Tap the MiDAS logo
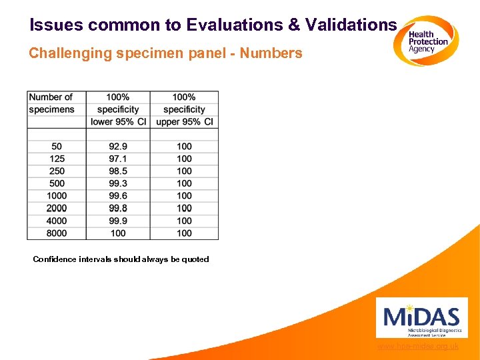[x=421, y=317]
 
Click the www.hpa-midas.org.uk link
[x=417, y=346]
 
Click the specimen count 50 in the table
[x=57, y=147]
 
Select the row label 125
[x=57, y=159]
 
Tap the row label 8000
[x=57, y=233]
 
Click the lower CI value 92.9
[x=118, y=147]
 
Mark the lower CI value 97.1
[x=118, y=159]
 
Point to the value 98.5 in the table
[x=118, y=171]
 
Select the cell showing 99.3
[x=118, y=183]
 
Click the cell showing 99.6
[x=118, y=196]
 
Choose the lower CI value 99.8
[x=118, y=208]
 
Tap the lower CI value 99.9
[x=118, y=221]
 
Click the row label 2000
[x=57, y=208]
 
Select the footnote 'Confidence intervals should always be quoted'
[x=121, y=259]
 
